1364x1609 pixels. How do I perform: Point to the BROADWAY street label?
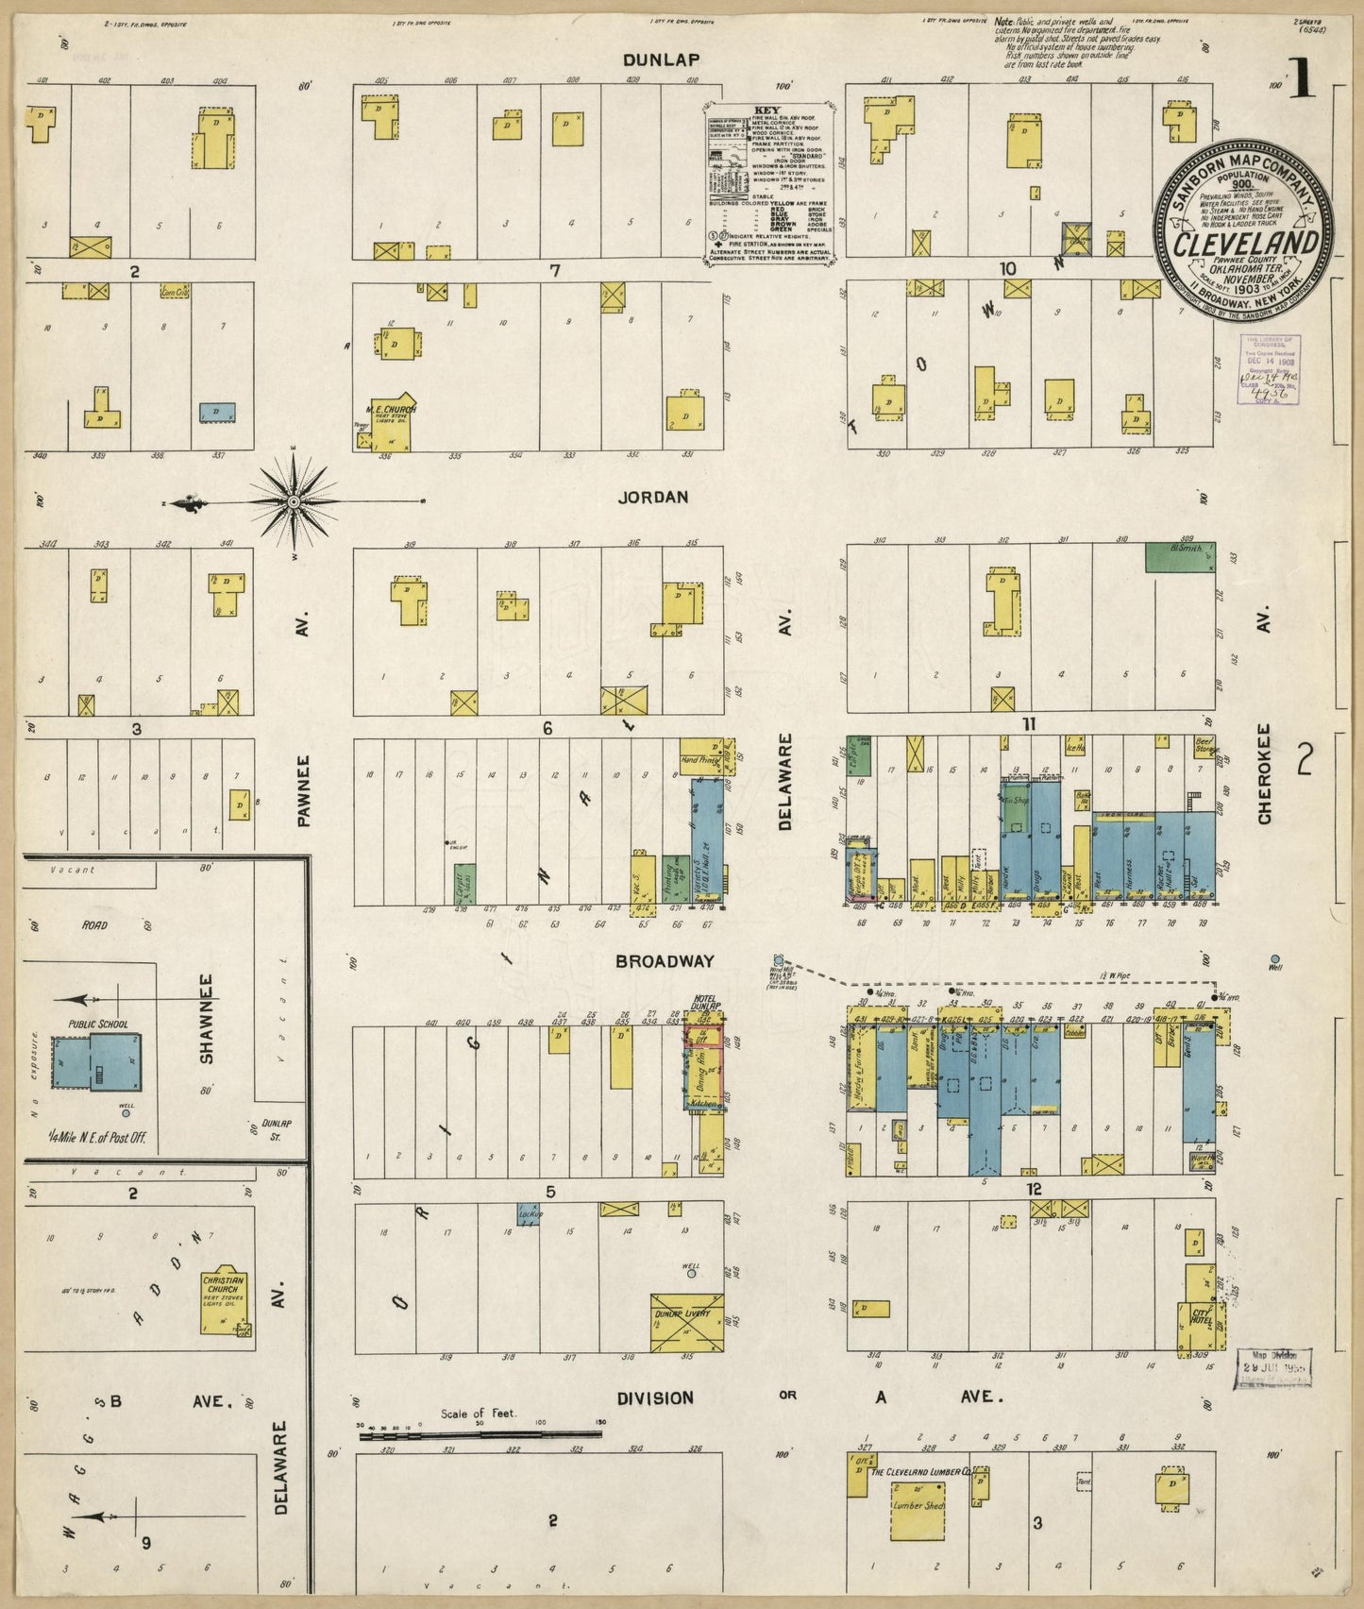point(665,961)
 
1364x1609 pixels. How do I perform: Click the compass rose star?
point(294,500)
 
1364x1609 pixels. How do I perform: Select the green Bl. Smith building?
point(1180,557)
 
